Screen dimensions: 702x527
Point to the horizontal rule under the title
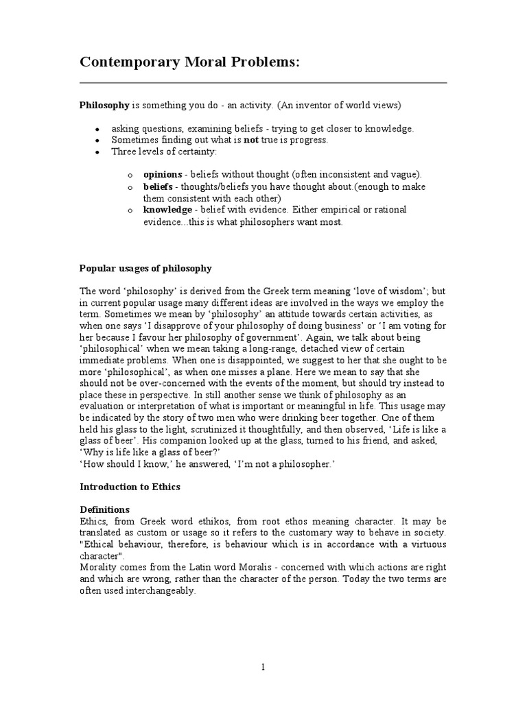tap(263, 83)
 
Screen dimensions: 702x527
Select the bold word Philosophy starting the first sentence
tap(104, 106)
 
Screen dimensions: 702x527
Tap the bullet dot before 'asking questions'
tap(97, 130)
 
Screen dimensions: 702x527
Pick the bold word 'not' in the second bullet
tap(251, 140)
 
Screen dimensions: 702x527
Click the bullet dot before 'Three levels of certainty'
tap(97, 152)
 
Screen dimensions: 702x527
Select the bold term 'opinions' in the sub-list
tap(163, 174)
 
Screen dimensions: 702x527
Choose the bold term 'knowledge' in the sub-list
tap(167, 209)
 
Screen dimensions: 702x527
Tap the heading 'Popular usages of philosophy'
tap(146, 268)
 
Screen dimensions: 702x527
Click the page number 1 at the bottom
tap(263, 668)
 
